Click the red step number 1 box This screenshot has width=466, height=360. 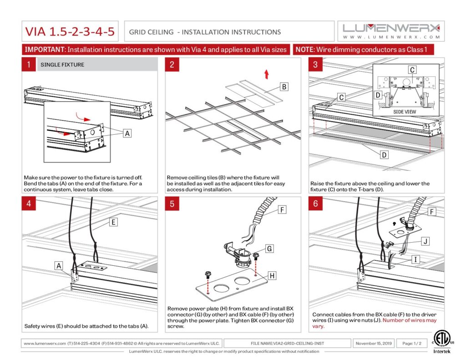coord(29,64)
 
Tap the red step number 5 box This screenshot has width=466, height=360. coord(172,203)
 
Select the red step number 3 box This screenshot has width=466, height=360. coord(316,64)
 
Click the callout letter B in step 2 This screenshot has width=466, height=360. coord(284,87)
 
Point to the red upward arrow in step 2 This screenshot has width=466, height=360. coord(267,74)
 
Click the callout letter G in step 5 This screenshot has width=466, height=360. coord(269,248)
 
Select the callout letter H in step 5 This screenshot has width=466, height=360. coord(272,276)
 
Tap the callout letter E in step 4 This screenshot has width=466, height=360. coord(113,222)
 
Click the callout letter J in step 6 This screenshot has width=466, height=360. coord(425,241)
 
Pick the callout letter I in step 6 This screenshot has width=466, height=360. coord(415,259)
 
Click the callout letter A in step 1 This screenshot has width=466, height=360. coord(127,133)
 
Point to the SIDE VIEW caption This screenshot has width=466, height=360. coord(405,112)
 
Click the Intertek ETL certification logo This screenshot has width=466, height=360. coord(441,342)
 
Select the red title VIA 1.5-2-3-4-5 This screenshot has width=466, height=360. coord(70,31)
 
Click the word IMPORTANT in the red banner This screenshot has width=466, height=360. coord(45,49)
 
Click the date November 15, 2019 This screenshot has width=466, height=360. coord(374,343)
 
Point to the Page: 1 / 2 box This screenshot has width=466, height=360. coord(412,343)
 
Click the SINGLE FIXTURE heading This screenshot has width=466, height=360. coord(62,65)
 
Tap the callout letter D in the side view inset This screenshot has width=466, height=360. coord(378,95)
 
